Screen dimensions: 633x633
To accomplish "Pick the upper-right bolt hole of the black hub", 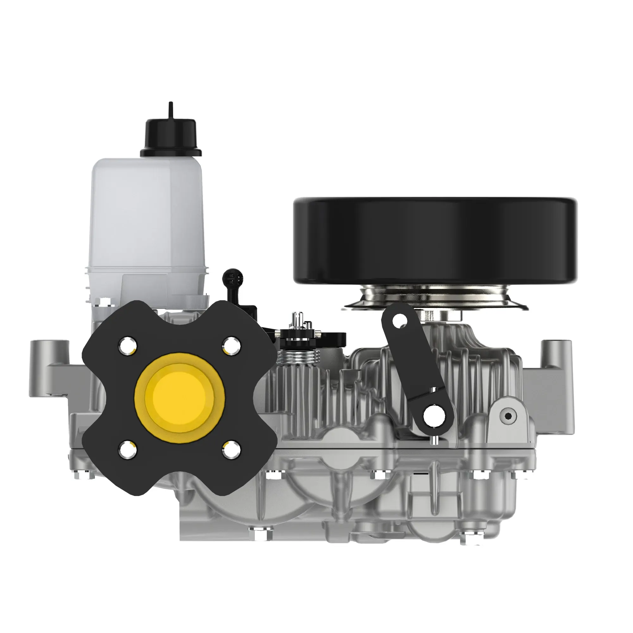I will tap(231, 345).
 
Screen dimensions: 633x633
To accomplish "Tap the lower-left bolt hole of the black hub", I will tap(128, 449).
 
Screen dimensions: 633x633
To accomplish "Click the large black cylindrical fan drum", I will tap(435, 241).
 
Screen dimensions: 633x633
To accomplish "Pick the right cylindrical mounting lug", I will tap(556, 352).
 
